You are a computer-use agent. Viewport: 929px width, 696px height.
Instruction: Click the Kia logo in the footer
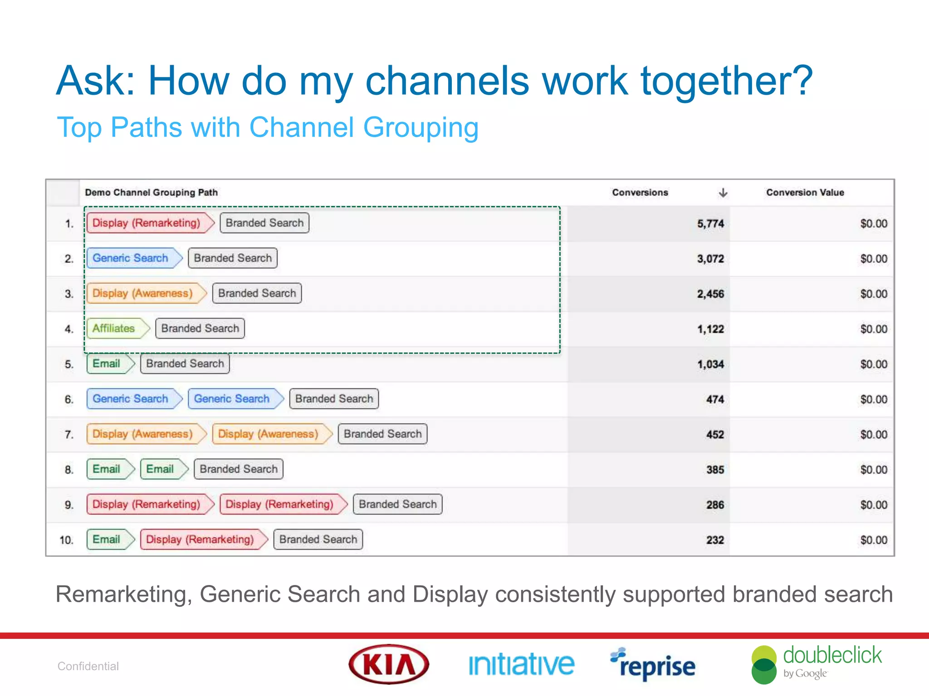(389, 664)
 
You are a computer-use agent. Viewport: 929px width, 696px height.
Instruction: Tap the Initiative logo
(521, 665)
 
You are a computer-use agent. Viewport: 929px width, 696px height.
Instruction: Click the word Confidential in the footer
(88, 666)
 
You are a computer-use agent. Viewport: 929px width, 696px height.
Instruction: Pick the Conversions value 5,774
(710, 224)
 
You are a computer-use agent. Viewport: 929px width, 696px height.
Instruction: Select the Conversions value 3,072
(710, 259)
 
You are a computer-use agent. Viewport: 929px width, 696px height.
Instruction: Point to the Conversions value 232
(715, 540)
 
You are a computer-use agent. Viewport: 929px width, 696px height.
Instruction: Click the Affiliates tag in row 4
(114, 329)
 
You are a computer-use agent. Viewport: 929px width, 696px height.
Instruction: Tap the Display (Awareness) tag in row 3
(142, 293)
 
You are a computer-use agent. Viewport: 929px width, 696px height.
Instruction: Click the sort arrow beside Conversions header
(723, 193)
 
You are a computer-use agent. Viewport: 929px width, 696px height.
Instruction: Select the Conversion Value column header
(805, 193)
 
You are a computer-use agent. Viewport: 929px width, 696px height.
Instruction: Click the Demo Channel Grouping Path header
(151, 193)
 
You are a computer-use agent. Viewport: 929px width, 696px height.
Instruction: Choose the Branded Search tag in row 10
(318, 540)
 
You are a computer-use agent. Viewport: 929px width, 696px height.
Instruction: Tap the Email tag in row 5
(107, 364)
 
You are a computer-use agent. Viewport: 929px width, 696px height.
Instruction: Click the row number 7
(69, 435)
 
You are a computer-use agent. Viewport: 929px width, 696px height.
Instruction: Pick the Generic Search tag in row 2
(131, 258)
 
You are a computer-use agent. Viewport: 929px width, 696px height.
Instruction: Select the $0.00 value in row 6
(873, 400)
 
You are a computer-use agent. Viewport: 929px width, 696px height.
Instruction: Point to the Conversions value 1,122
(710, 329)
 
